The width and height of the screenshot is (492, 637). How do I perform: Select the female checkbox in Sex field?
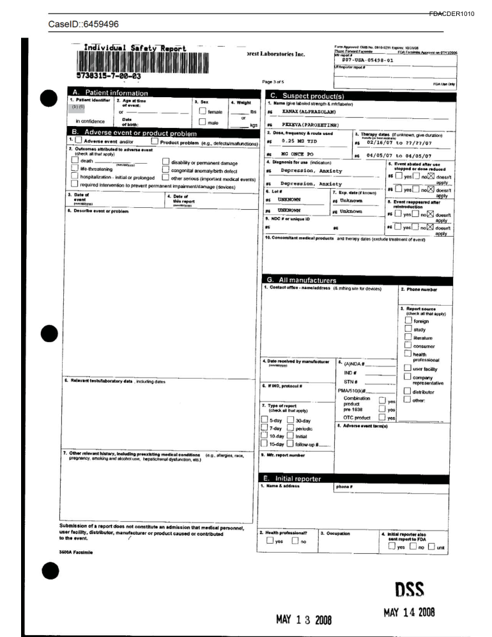(203, 111)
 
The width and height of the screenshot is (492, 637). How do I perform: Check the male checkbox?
(203, 122)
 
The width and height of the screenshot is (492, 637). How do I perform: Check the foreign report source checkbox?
(408, 321)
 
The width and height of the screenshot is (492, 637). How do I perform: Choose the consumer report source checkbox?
(408, 346)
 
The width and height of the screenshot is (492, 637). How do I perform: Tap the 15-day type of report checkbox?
(265, 444)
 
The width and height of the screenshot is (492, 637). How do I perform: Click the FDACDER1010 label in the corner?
(452, 14)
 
